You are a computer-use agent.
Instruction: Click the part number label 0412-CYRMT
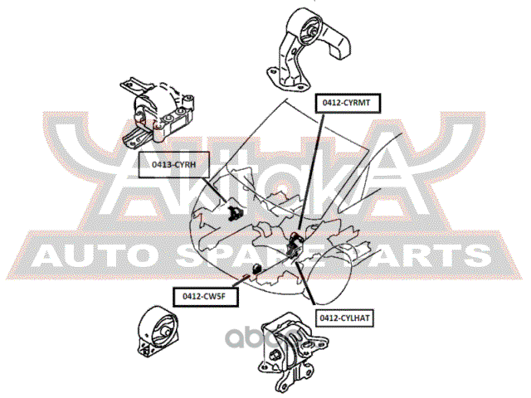tap(347, 102)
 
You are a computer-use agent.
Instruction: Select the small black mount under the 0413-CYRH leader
tap(233, 214)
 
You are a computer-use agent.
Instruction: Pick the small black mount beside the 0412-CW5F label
tap(256, 269)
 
